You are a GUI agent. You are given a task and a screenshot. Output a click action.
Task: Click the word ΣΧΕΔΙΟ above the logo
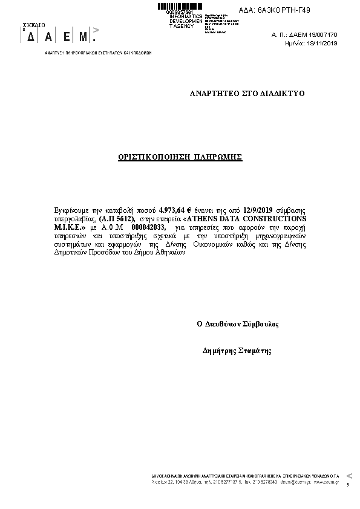[x=33, y=25]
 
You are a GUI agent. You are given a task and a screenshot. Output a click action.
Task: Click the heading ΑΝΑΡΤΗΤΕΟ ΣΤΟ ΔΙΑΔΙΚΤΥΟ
[x=247, y=94]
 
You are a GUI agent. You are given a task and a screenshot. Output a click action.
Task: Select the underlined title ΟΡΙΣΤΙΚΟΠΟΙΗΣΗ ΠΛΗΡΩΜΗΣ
[x=180, y=157]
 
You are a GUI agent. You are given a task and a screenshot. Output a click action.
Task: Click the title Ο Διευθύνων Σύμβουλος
[x=238, y=324]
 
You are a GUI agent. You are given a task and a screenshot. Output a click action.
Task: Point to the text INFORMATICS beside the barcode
[x=186, y=16]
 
